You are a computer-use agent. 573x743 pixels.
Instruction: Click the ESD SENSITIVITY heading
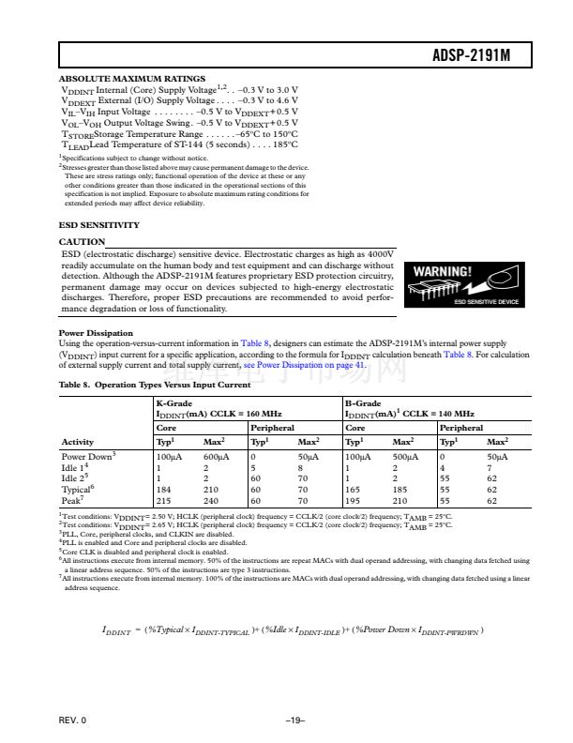click(99, 225)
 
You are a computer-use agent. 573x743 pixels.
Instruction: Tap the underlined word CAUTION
click(82, 241)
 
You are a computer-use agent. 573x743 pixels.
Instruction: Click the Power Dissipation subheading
click(96, 332)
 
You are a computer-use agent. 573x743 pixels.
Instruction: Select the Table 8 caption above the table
click(155, 385)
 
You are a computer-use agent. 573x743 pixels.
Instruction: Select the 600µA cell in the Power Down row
click(216, 455)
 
